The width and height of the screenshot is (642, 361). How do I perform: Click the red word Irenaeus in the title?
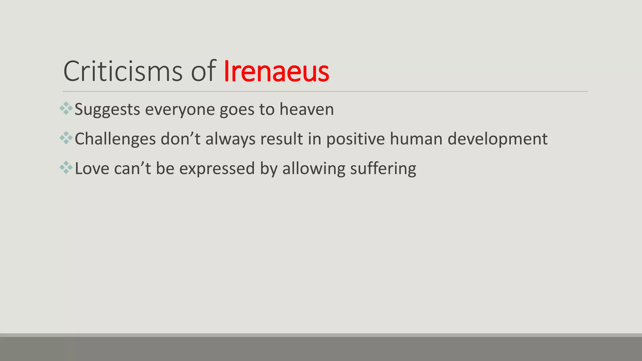pyautogui.click(x=276, y=71)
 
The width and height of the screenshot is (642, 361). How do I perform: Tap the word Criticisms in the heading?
pyautogui.click(x=123, y=71)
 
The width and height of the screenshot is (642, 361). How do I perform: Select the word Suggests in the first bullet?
pyautogui.click(x=107, y=110)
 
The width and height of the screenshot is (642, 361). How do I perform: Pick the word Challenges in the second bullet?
pyautogui.click(x=115, y=139)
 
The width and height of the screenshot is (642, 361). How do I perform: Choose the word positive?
pyautogui.click(x=355, y=139)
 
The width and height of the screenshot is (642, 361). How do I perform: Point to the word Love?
pyautogui.click(x=92, y=169)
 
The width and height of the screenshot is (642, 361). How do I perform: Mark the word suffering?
pyautogui.click(x=383, y=169)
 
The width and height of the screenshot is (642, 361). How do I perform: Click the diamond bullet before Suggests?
pyautogui.click(x=66, y=108)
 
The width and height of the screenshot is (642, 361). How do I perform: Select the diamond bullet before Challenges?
pyautogui.click(x=66, y=138)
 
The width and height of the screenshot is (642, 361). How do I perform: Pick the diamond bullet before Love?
pyautogui.click(x=66, y=167)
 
